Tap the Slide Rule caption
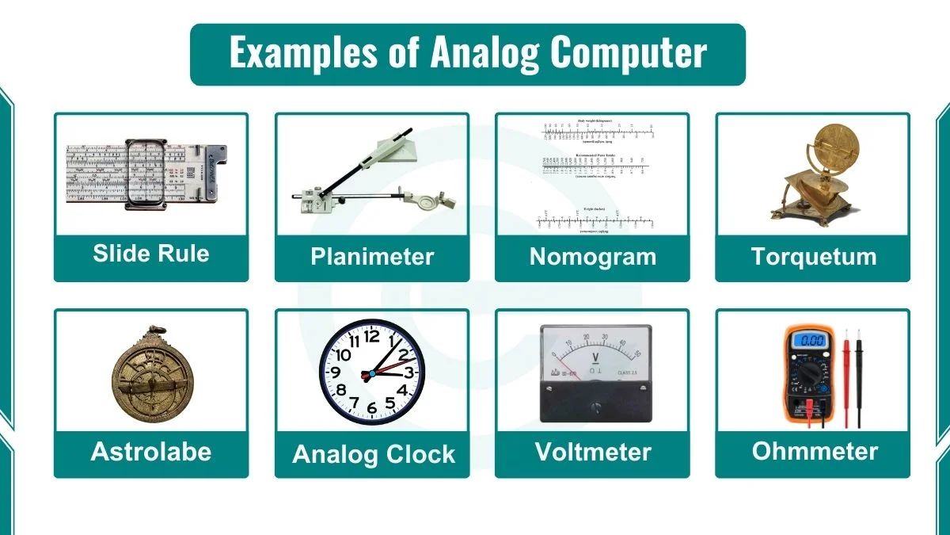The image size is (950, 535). [x=151, y=254]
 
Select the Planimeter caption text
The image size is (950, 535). [x=372, y=257]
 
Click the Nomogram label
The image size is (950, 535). [x=592, y=257]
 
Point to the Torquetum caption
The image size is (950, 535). [x=813, y=257]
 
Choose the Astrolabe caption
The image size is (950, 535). [x=151, y=452]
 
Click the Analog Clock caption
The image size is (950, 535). [x=374, y=454]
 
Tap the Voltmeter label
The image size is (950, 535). [x=592, y=452]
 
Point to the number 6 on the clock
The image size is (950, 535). [x=372, y=409]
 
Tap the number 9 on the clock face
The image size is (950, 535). [x=335, y=373]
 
